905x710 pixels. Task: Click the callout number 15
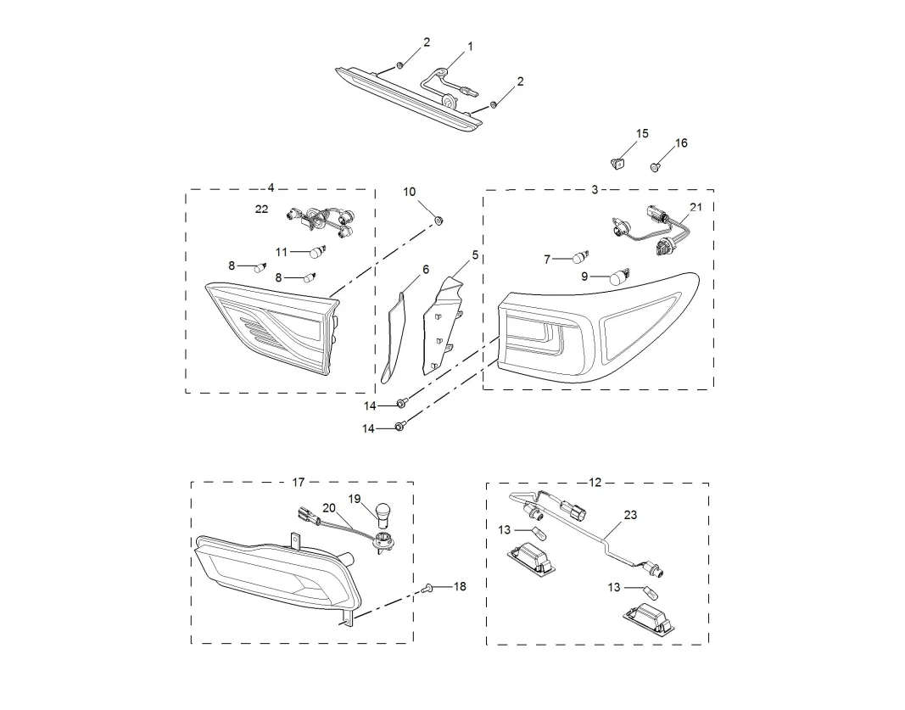coord(642,134)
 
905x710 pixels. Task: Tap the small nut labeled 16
coord(656,167)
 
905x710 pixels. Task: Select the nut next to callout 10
coord(439,221)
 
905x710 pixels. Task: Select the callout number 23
coord(630,514)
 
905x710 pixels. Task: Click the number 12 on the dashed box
coord(595,483)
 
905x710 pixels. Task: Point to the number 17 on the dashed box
coord(298,483)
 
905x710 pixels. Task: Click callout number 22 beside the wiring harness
coord(261,209)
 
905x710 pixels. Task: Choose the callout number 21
coord(696,207)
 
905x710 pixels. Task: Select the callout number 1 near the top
coord(470,47)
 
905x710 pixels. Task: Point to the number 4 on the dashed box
coord(271,187)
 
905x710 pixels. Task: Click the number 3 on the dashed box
coord(595,190)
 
